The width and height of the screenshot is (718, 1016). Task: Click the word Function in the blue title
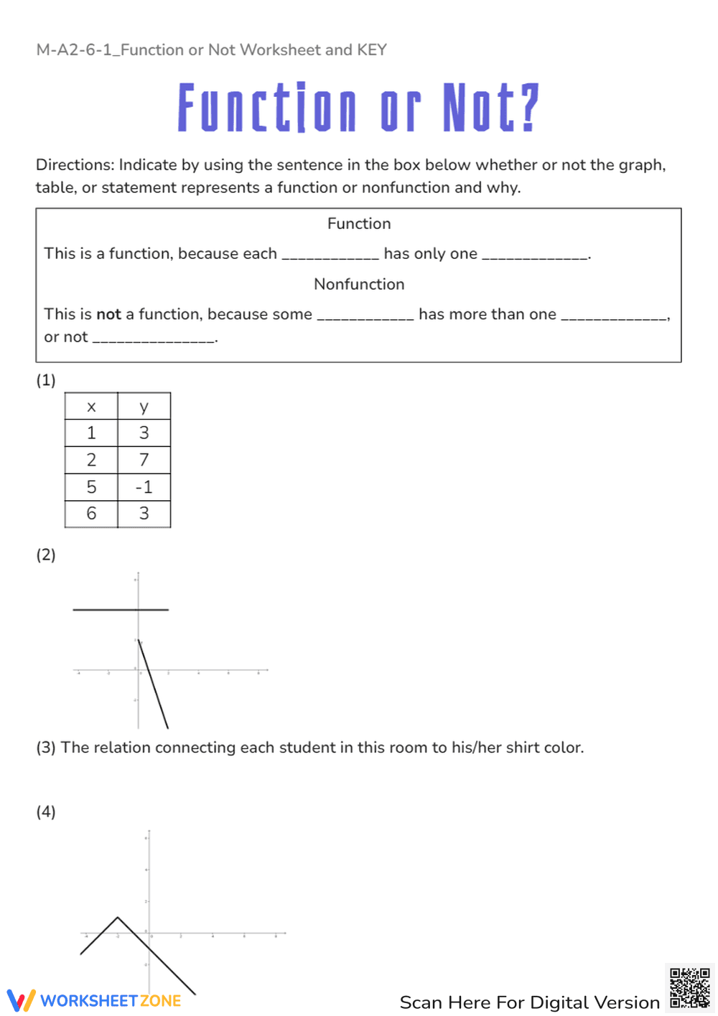click(x=266, y=108)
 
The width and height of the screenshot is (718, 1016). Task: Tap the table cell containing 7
click(x=144, y=460)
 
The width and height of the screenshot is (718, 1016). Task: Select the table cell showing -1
click(x=144, y=487)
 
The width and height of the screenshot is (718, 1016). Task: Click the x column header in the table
click(x=91, y=407)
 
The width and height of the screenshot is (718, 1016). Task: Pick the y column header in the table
click(x=144, y=407)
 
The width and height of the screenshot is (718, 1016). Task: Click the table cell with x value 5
click(x=91, y=487)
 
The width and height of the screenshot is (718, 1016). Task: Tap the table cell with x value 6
click(x=91, y=514)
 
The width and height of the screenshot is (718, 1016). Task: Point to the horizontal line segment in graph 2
click(x=121, y=610)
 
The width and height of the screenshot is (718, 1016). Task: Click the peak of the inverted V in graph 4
click(x=118, y=918)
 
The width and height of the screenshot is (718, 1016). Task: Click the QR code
click(x=689, y=988)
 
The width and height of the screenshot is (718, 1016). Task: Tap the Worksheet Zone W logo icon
click(x=21, y=1000)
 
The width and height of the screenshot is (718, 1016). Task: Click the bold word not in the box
click(x=108, y=314)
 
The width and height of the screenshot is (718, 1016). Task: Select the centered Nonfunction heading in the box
click(x=359, y=284)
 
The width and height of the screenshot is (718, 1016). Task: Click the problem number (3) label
click(x=46, y=748)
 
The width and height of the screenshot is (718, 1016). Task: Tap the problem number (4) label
click(x=46, y=812)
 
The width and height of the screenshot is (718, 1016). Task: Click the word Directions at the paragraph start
click(x=75, y=165)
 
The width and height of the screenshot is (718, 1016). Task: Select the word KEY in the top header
click(x=372, y=50)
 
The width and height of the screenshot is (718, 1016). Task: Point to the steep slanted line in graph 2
click(x=153, y=685)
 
